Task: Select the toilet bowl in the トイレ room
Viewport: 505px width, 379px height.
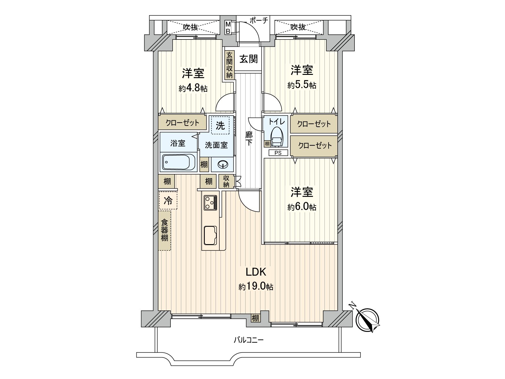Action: (x=276, y=137)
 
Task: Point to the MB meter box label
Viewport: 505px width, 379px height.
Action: (x=228, y=27)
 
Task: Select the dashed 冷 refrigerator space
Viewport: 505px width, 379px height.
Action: (x=168, y=200)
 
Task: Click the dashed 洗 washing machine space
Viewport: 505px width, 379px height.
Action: (x=220, y=126)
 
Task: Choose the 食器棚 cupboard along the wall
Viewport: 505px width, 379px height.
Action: (x=164, y=231)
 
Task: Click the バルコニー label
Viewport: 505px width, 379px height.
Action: (x=248, y=340)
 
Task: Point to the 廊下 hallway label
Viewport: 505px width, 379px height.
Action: (x=249, y=138)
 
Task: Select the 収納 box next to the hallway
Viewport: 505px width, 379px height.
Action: (x=226, y=182)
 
